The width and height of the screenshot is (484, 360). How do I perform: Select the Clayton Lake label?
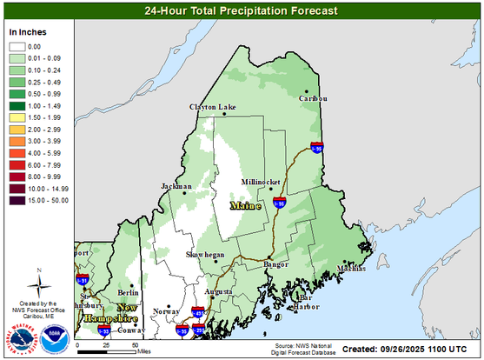click(213, 107)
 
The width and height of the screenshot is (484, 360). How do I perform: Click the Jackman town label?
click(176, 186)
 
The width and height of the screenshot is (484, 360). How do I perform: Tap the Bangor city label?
click(276, 263)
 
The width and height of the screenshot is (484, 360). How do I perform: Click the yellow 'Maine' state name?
click(243, 206)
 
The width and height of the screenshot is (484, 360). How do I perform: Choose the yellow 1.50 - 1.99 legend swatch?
click(18, 117)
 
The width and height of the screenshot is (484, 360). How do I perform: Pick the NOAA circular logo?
click(55, 338)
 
